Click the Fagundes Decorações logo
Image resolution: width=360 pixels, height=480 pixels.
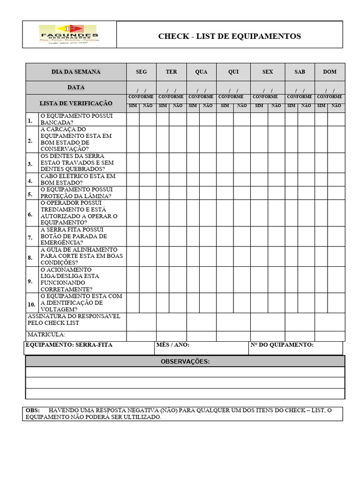point(68,35)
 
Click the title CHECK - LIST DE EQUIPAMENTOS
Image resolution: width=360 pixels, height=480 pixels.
point(229,36)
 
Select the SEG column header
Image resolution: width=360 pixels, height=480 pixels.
point(141,72)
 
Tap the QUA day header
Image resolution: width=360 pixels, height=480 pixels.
point(201,72)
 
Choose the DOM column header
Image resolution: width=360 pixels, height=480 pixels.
point(330,72)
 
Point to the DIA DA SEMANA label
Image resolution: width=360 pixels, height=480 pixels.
point(76,72)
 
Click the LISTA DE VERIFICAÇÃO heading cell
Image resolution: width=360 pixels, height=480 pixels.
point(76,103)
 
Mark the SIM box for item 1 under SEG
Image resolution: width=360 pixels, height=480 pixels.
point(133,120)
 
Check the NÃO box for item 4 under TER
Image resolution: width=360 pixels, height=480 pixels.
point(178,180)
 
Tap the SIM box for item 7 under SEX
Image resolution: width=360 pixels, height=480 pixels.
point(259,236)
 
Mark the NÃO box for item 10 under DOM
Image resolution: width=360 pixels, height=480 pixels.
point(336,303)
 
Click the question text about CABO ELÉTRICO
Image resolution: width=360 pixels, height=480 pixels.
point(78,180)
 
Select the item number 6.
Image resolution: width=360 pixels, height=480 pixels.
point(30,214)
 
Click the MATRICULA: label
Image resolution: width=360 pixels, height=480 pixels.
point(46,335)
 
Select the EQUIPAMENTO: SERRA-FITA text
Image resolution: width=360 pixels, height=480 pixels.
point(69,345)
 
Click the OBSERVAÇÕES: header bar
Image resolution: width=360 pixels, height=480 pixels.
point(185,361)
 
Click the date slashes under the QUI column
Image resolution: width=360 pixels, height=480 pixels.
point(233,90)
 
